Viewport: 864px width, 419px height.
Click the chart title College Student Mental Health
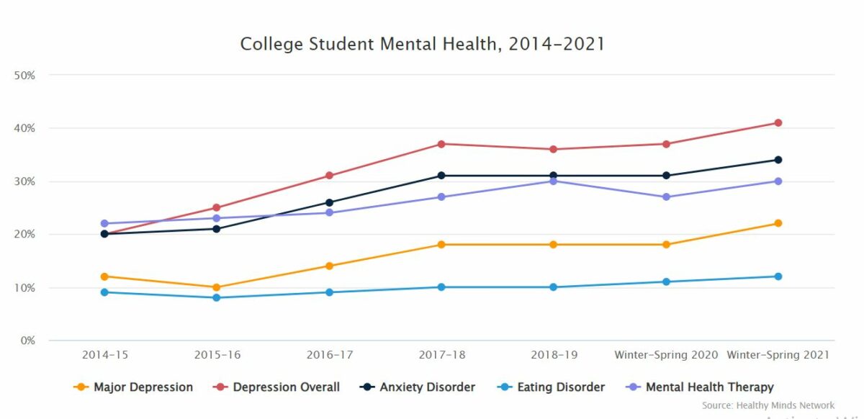[x=422, y=45]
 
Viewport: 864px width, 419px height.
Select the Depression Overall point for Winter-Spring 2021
[x=778, y=123]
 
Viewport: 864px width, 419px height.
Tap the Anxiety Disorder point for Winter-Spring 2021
[x=778, y=160]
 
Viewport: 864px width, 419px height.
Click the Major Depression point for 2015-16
[x=217, y=287]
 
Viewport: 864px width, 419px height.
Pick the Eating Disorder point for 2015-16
[x=217, y=297]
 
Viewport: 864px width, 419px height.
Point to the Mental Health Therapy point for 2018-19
[x=554, y=181]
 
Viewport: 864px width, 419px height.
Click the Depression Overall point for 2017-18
[x=441, y=144]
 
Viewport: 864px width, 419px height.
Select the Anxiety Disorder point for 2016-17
[x=329, y=202]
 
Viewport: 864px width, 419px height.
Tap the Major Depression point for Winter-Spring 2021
[x=778, y=223]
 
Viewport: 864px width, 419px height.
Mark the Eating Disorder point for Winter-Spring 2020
[x=666, y=281]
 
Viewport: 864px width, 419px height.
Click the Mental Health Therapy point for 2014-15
[x=104, y=223]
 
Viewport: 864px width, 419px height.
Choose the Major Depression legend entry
[x=134, y=387]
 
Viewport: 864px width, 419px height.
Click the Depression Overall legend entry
[x=277, y=387]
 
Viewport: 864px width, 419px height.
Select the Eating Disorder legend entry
[x=551, y=387]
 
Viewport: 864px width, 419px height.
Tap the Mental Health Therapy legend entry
[x=700, y=387]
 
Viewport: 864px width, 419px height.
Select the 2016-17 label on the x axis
[x=329, y=355]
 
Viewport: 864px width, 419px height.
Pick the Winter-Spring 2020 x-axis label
[x=666, y=355]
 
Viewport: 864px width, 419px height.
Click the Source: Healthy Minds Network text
[x=768, y=405]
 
